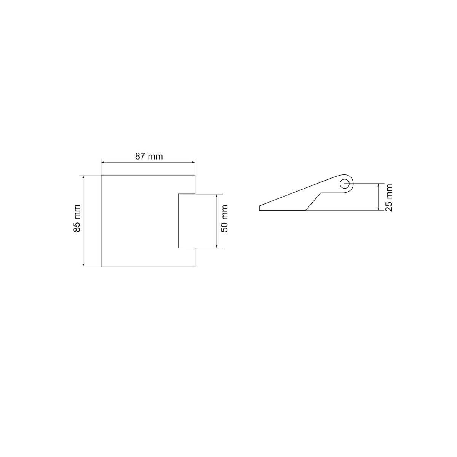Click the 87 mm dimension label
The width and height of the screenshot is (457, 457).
pos(149,156)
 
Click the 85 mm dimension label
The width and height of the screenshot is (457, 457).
pos(77,218)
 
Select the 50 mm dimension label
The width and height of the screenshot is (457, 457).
pos(224,219)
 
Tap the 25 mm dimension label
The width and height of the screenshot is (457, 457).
pos(389,198)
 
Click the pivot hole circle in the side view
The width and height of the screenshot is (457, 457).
pos(344,184)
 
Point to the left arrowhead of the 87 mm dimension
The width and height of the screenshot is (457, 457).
pos(103,162)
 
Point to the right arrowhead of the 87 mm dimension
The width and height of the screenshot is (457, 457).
pos(193,162)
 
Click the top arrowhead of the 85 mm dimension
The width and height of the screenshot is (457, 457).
pos(83,177)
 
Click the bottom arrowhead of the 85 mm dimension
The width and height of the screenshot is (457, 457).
pos(83,265)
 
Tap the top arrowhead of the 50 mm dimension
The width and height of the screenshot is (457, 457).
pos(217,196)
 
